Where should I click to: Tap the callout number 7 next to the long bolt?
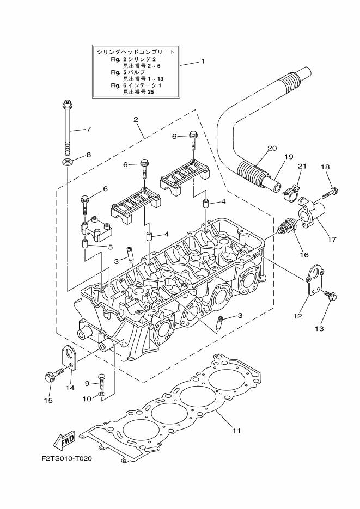[x=88, y=130]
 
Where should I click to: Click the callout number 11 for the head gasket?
[x=236, y=431]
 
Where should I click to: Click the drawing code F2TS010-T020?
[x=66, y=458]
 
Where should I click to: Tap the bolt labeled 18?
[x=330, y=192]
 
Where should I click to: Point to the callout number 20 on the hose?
[x=272, y=148]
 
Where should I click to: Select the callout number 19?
[x=287, y=156]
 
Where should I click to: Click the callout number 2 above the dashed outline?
[x=136, y=119]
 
